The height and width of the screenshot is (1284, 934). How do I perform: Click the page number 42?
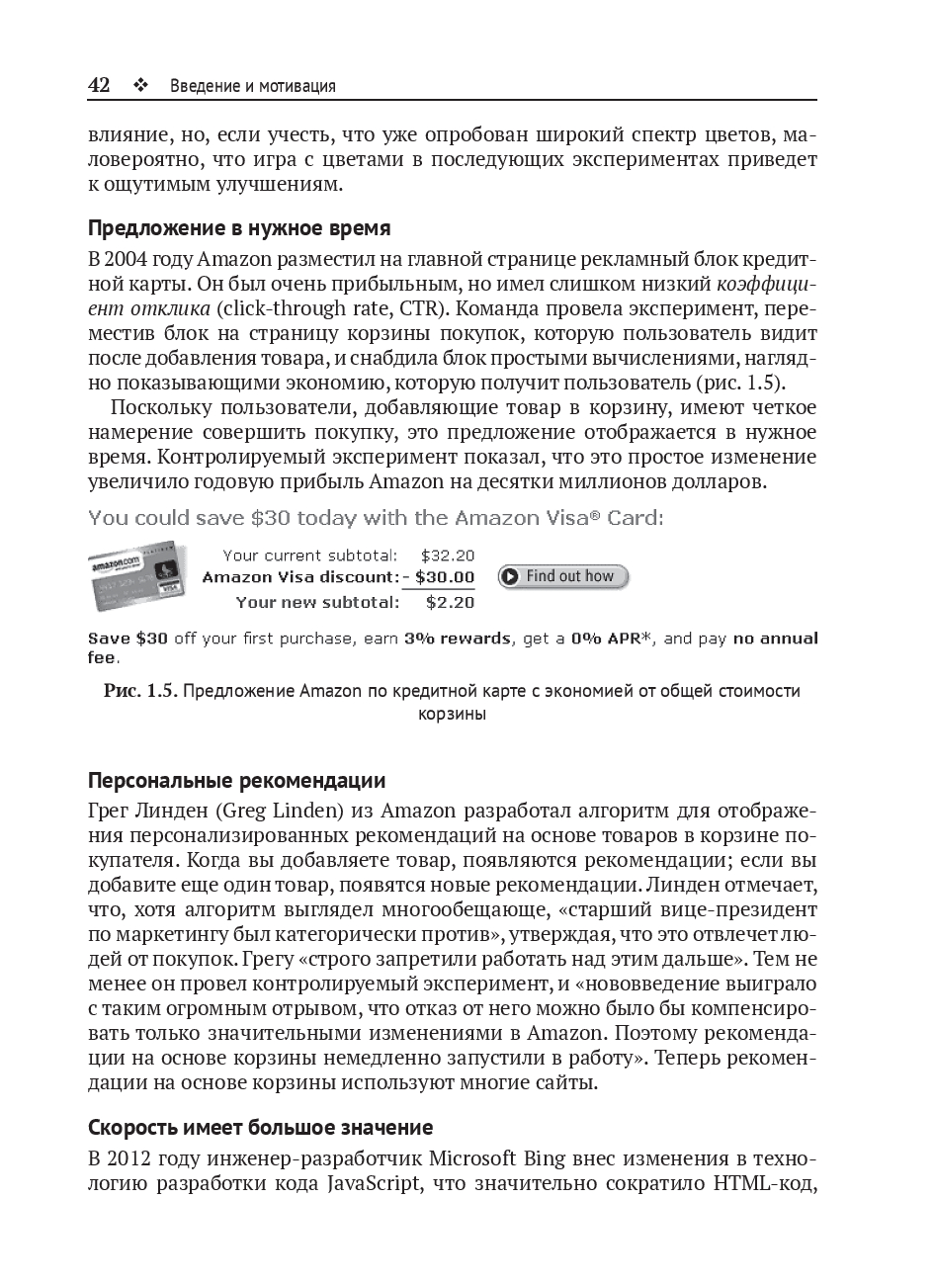click(99, 85)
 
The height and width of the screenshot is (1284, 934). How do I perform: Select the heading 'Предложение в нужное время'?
click(239, 228)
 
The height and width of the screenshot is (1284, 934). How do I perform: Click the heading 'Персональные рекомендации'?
click(237, 782)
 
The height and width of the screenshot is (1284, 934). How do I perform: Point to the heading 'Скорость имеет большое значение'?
click(261, 1127)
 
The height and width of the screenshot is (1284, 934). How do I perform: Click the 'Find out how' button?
click(563, 576)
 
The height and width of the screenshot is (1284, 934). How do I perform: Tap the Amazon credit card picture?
click(137, 577)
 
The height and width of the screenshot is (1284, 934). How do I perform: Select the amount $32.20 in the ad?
click(448, 556)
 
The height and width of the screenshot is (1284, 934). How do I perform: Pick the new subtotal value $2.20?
click(451, 601)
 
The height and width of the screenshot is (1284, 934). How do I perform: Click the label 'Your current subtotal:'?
click(310, 556)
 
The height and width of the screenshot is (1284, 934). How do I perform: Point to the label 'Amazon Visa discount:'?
click(298, 577)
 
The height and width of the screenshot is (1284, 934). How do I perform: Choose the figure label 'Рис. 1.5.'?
click(140, 691)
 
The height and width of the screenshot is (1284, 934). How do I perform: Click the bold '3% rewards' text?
click(458, 639)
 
